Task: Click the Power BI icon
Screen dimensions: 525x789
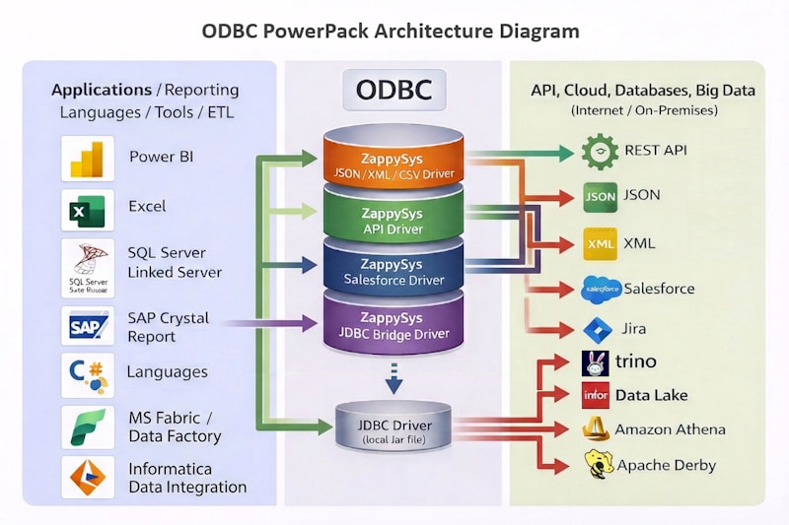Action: [88, 159]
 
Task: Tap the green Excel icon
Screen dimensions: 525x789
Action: [88, 210]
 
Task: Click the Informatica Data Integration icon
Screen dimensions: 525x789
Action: [88, 478]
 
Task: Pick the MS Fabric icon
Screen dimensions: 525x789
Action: [88, 427]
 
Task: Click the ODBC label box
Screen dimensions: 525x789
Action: [394, 90]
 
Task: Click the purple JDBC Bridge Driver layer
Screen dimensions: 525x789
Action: [393, 325]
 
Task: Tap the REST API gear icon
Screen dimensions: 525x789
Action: [600, 152]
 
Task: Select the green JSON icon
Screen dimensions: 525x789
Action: [600, 196]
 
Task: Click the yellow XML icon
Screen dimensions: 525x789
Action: [600, 243]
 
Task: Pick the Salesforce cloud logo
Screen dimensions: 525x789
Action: [601, 289]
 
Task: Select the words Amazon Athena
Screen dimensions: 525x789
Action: [670, 429]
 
